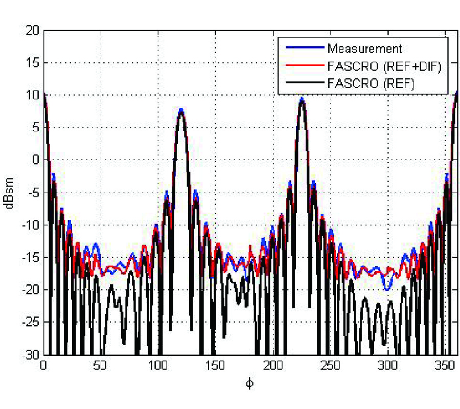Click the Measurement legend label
(x=364, y=49)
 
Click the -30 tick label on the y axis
(x=30, y=355)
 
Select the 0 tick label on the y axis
(x=35, y=161)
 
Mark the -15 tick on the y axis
(x=30, y=258)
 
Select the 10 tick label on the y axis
(x=32, y=96)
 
